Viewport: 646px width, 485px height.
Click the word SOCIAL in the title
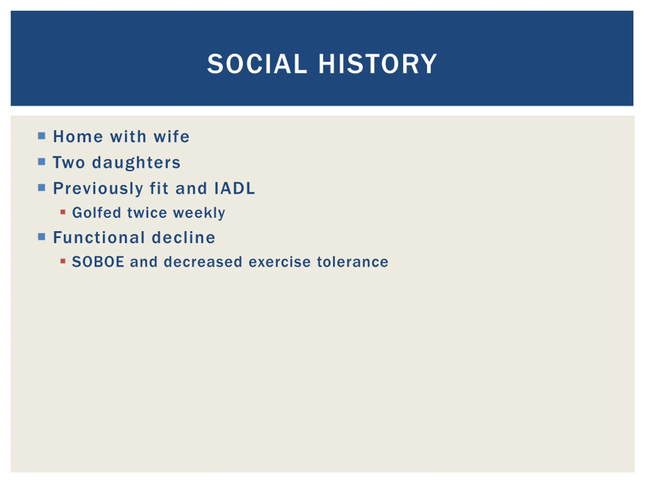pyautogui.click(x=257, y=64)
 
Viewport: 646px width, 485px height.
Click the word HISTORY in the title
pyautogui.click(x=378, y=64)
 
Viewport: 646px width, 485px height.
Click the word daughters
pyautogui.click(x=136, y=163)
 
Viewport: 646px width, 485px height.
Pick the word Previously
pyautogui.click(x=98, y=188)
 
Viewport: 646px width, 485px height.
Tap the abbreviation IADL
pyautogui.click(x=235, y=188)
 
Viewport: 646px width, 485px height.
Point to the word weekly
pyautogui.click(x=199, y=213)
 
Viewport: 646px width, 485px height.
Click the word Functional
pyautogui.click(x=99, y=237)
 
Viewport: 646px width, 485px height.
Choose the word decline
pyautogui.click(x=184, y=237)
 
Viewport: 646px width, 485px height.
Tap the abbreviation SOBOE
pyautogui.click(x=98, y=262)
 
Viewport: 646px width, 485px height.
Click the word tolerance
pyautogui.click(x=353, y=262)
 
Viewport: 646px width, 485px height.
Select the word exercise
pyautogui.click(x=280, y=262)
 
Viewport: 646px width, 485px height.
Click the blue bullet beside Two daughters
pyautogui.click(x=42, y=162)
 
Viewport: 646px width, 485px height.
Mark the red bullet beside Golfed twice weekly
pyautogui.click(x=63, y=212)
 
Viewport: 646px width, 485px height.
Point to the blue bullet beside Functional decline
pyautogui.click(x=42, y=237)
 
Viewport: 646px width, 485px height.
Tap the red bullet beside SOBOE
pyautogui.click(x=63, y=261)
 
